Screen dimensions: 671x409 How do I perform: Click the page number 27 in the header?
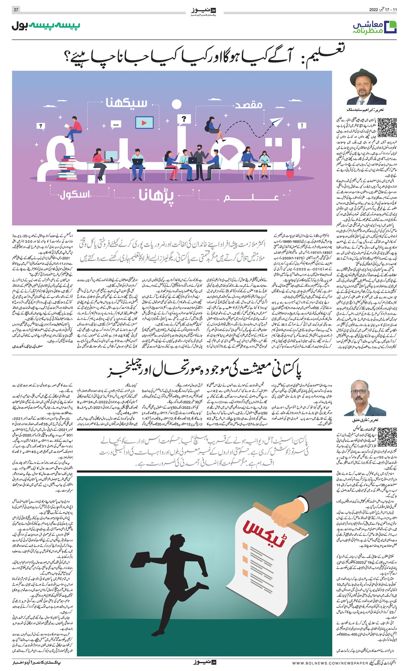16,10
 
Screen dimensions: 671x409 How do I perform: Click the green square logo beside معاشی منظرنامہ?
391,27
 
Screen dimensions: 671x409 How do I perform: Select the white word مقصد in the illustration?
248,105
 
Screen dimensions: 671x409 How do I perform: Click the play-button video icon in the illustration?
144,123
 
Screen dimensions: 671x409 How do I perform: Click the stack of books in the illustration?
67,167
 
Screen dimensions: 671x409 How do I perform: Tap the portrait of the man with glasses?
362,398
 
